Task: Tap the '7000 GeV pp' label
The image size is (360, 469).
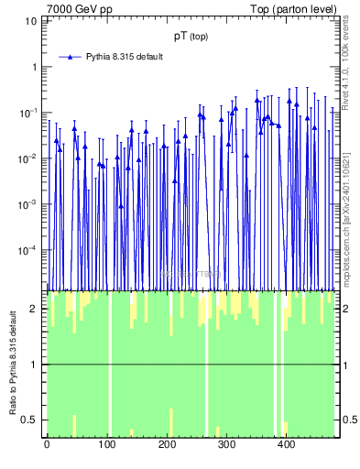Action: click(x=80, y=9)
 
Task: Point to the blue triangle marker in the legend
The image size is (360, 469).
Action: click(x=69, y=57)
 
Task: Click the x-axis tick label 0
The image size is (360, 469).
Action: click(x=47, y=446)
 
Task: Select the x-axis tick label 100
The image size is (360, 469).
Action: click(x=106, y=446)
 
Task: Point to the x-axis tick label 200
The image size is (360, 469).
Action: click(x=167, y=446)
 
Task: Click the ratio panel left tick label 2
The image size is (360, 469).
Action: click(x=35, y=309)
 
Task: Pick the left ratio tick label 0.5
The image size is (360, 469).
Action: click(x=31, y=420)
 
